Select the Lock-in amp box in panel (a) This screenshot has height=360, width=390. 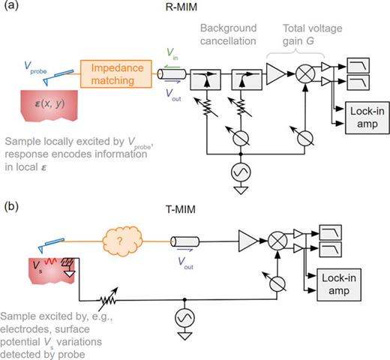tap(358, 110)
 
